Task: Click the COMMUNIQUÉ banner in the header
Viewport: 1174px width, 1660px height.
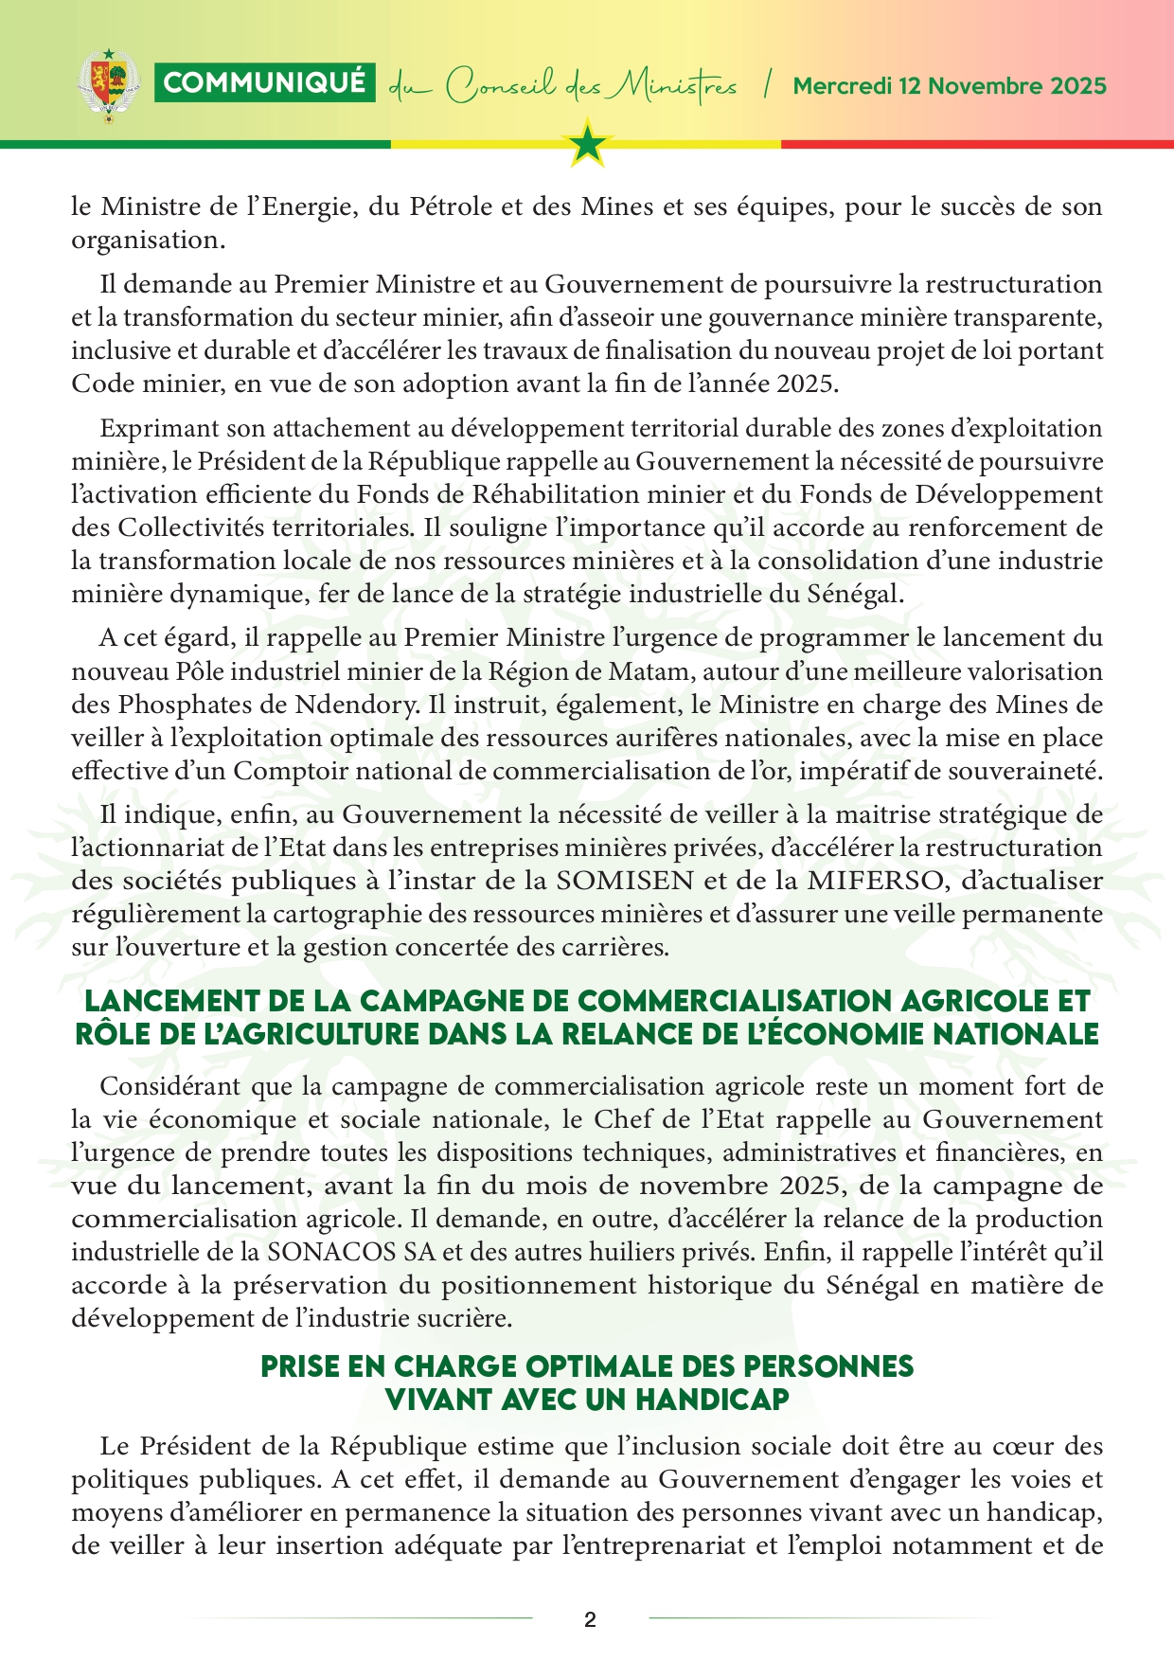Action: point(264,83)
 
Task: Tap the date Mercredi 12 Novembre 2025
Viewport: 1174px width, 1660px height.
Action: point(949,86)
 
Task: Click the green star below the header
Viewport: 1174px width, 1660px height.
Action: point(588,144)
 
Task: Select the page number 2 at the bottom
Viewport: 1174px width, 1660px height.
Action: point(590,1619)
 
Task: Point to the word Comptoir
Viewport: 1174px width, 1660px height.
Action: point(284,771)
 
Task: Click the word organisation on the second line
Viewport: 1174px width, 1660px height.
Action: point(147,240)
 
